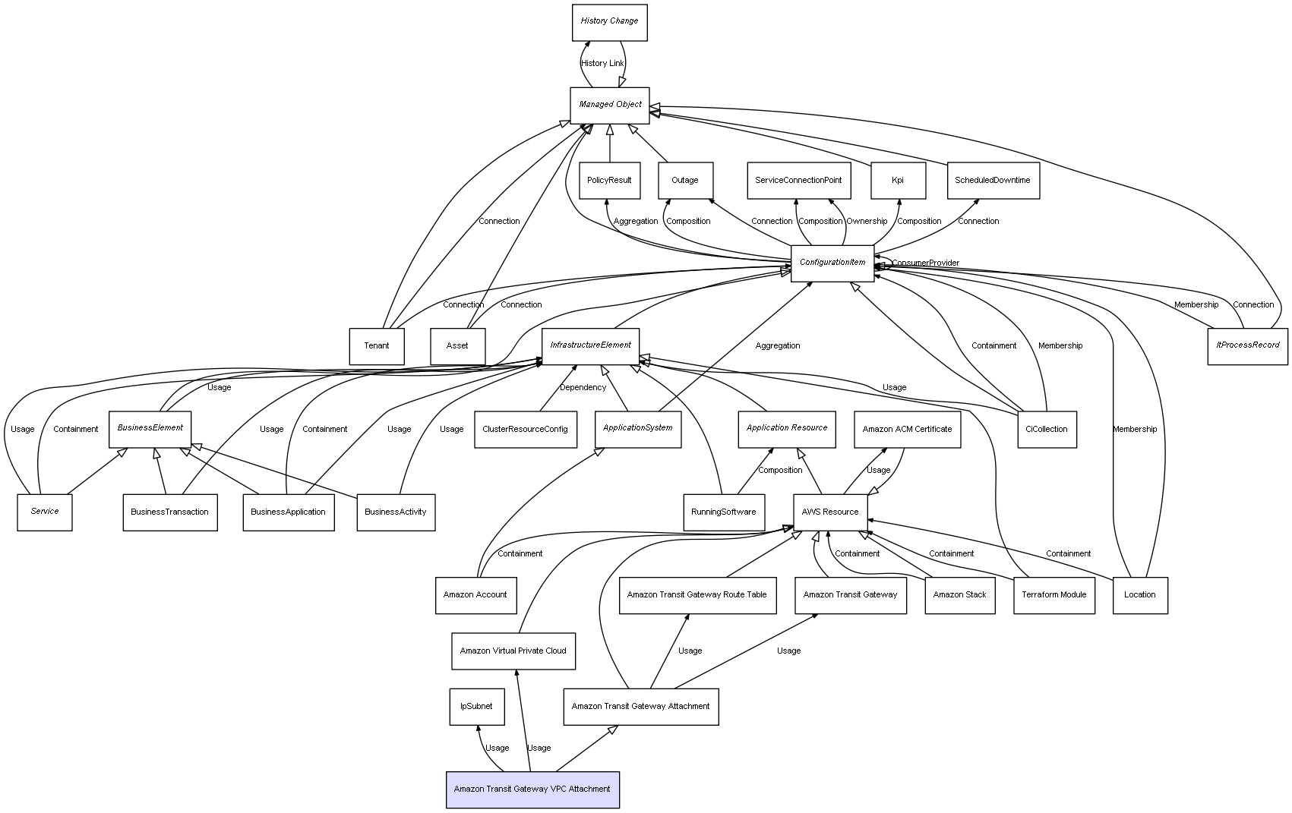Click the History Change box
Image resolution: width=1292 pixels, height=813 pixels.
[609, 22]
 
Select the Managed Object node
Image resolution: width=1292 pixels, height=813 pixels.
[610, 105]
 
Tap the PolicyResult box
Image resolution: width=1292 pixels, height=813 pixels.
[609, 181]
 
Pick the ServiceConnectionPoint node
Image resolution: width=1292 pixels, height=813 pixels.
[798, 181]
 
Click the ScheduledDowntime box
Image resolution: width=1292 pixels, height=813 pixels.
[993, 181]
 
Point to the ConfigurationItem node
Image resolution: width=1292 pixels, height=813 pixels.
[832, 263]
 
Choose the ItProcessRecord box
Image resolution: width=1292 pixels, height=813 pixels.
[1247, 345]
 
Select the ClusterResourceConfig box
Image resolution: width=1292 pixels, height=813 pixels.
[525, 429]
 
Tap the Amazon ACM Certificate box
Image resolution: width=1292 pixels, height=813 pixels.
[907, 429]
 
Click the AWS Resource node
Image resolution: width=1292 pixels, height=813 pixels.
[830, 512]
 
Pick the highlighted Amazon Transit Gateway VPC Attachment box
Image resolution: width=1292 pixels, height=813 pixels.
[532, 789]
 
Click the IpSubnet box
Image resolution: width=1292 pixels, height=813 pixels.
[476, 707]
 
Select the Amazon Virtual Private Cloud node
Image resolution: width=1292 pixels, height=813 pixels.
[513, 651]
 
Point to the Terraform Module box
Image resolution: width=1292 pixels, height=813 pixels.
[1054, 595]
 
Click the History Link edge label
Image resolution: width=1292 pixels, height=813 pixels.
[602, 63]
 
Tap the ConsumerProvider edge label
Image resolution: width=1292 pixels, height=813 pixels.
[925, 263]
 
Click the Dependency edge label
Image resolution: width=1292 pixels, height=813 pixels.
[583, 387]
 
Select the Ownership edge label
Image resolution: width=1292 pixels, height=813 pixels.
[867, 222]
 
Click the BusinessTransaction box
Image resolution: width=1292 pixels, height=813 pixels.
[169, 512]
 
